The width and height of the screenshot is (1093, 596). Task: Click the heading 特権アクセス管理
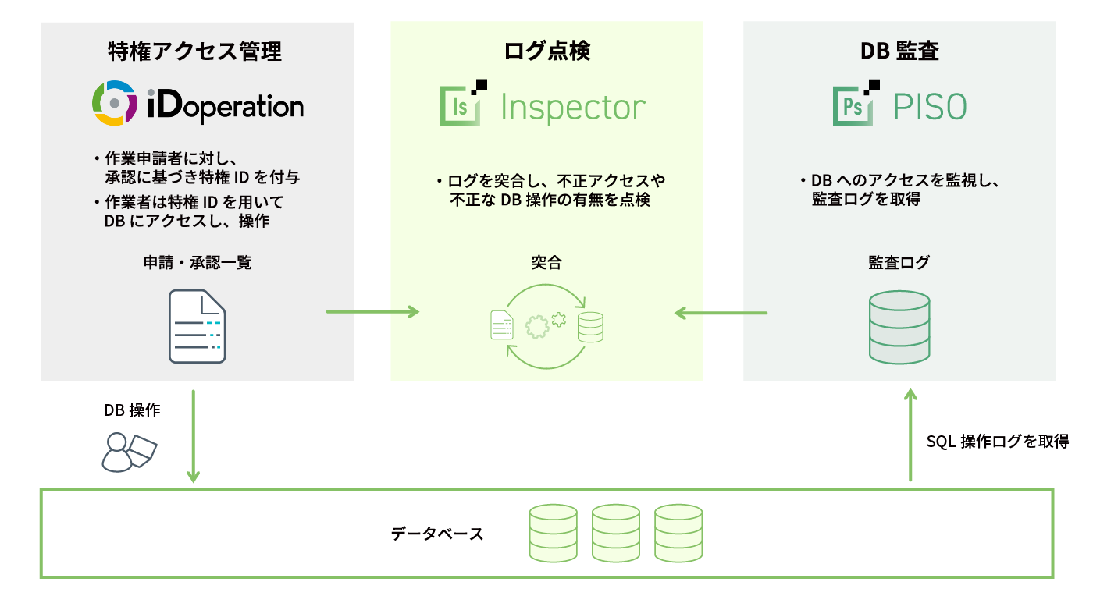coord(195,51)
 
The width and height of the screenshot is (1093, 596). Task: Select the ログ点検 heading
coord(546,51)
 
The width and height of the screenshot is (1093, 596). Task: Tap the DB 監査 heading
coord(899,51)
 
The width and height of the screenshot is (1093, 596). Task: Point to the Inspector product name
coord(573,108)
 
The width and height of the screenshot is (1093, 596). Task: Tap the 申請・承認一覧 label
coord(197,263)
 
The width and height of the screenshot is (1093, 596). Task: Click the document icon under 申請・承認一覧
coord(197,326)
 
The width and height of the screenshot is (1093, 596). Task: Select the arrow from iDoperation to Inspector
coord(372,313)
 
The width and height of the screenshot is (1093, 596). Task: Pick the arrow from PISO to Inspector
coord(721,313)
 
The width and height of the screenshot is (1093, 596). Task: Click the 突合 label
coord(546,263)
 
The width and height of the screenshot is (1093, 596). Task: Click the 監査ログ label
coord(899,263)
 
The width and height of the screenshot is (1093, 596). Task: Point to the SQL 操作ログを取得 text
coord(997,442)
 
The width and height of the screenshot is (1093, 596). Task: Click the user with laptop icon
coord(130,452)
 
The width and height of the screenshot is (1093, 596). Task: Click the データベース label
coord(437,534)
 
